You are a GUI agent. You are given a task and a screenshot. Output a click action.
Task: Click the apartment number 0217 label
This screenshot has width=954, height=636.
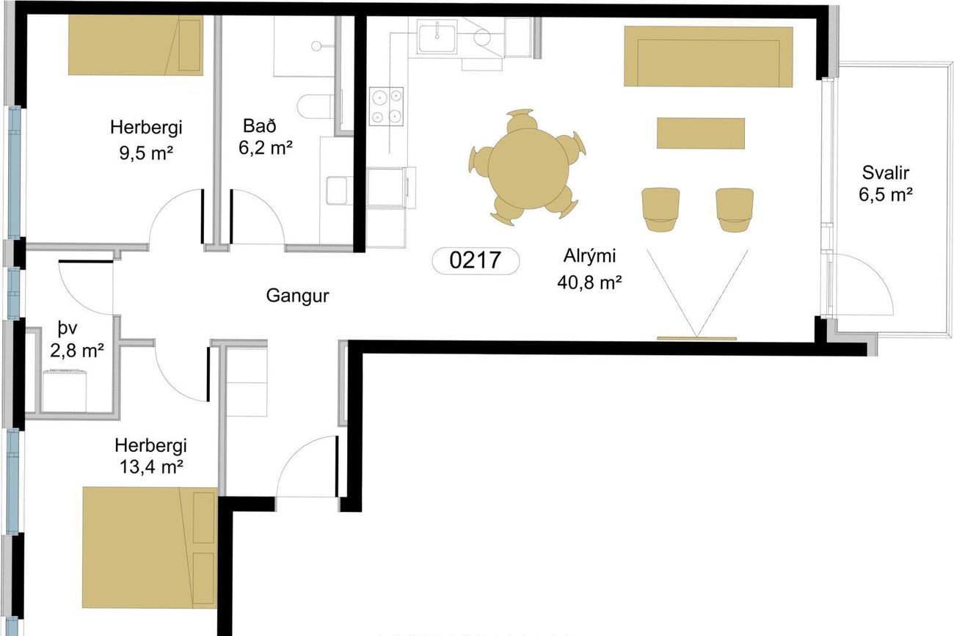(476, 260)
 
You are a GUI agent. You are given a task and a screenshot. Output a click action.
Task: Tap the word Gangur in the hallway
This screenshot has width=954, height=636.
(298, 296)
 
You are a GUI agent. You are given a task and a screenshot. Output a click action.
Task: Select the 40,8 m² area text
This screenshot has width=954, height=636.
(589, 282)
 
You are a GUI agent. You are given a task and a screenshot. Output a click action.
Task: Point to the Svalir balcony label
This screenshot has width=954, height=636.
(886, 173)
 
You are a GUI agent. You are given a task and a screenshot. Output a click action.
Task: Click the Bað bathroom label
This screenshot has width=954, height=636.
(260, 126)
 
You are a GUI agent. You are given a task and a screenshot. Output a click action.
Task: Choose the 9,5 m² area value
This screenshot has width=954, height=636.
(146, 153)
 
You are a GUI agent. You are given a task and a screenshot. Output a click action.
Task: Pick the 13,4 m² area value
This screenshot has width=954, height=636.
(151, 467)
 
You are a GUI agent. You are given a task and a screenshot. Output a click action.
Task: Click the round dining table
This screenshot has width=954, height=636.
(528, 169)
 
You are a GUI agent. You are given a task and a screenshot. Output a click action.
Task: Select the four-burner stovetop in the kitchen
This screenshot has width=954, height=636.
(386, 106)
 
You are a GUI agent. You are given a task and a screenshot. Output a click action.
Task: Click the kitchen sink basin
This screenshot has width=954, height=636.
(437, 38)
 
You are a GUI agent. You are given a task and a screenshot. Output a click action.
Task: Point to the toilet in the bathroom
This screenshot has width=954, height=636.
(315, 106)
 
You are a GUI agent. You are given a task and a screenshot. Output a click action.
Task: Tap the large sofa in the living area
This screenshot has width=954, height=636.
(708, 56)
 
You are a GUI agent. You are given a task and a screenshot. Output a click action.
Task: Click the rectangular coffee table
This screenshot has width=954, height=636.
(701, 134)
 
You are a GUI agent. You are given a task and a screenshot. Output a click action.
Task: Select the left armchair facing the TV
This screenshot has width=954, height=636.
(660, 210)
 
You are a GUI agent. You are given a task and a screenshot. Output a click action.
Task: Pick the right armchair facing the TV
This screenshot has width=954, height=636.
(735, 210)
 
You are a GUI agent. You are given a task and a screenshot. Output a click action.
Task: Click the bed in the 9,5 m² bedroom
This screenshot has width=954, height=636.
(136, 45)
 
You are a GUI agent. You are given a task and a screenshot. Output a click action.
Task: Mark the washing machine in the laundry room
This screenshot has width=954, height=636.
(65, 391)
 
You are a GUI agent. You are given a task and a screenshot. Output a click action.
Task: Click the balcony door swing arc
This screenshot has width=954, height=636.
(878, 274)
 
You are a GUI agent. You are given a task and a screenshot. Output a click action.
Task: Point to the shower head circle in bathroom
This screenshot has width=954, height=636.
(316, 45)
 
